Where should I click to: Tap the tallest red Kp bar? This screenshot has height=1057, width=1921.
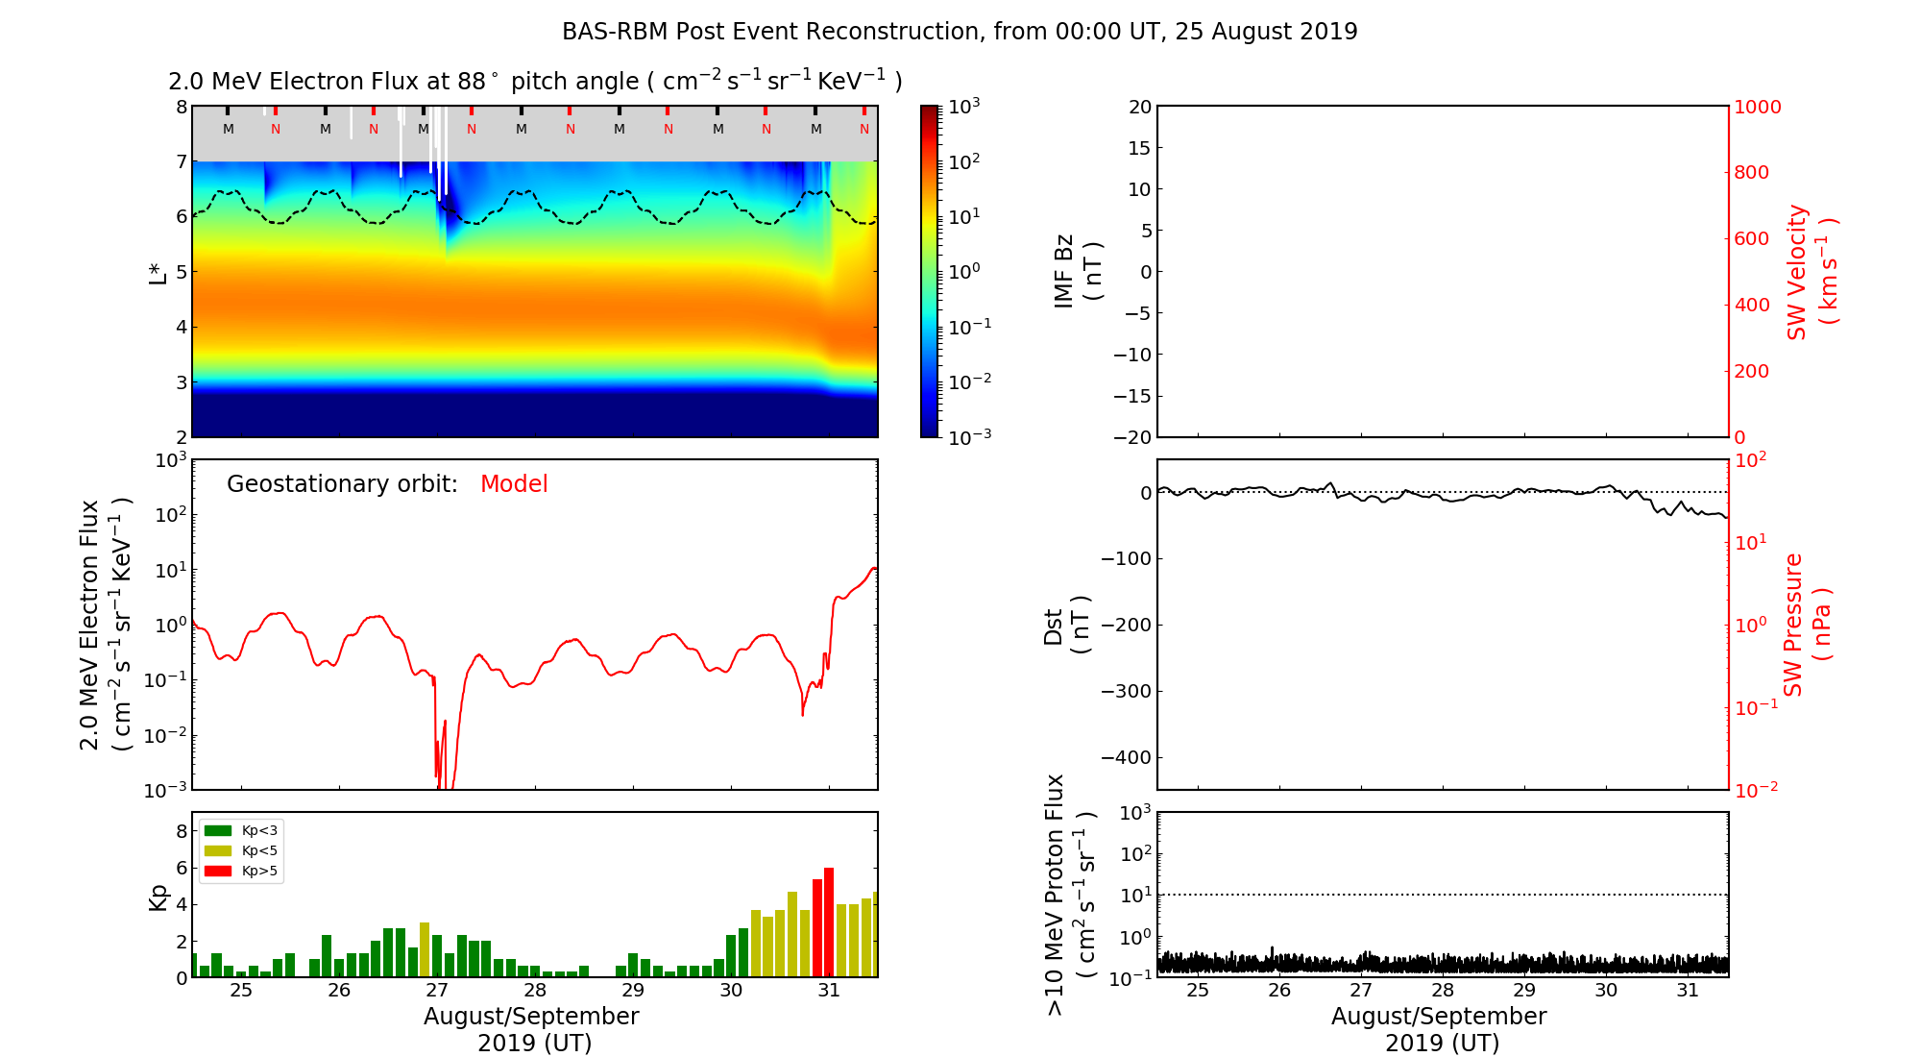[x=829, y=922]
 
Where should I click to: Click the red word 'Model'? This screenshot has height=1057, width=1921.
[x=514, y=484]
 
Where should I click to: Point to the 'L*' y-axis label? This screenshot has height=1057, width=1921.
[x=158, y=272]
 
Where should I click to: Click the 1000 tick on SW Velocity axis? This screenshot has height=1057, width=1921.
[x=1757, y=107]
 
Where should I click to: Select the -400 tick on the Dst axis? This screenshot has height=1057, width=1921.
[x=1126, y=757]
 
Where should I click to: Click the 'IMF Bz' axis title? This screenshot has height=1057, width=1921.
[x=1064, y=272]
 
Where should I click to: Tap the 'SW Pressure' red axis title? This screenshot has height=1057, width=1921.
[x=1793, y=625]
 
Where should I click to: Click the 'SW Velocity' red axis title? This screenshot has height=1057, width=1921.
[x=1797, y=272]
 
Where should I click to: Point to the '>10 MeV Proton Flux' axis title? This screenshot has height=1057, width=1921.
[x=1056, y=895]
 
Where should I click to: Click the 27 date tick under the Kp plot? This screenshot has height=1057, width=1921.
[x=437, y=991]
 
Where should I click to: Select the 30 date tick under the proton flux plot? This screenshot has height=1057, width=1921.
[x=1606, y=991]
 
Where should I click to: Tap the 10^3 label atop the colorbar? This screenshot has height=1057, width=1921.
[x=963, y=107]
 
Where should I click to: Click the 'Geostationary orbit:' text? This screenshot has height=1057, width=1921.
[x=342, y=484]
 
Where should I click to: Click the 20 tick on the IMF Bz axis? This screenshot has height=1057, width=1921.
[x=1139, y=107]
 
